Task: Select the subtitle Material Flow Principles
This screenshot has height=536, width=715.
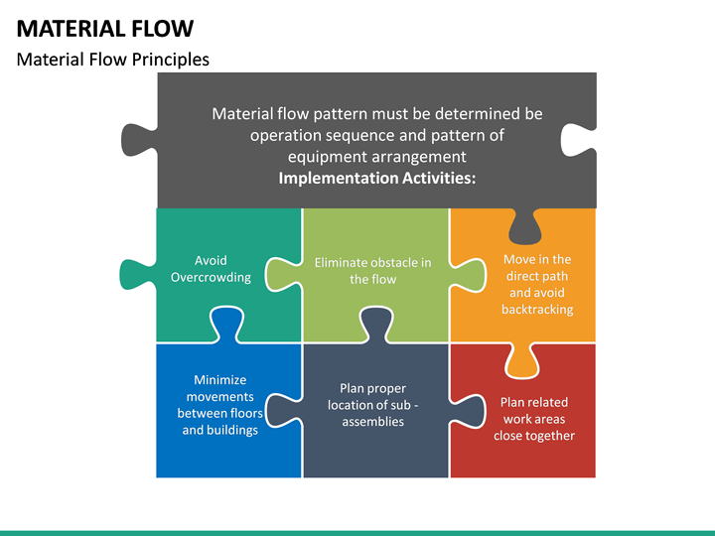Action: (x=113, y=60)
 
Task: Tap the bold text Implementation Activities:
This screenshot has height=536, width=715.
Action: (x=376, y=179)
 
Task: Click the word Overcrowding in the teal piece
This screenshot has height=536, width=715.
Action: (x=211, y=277)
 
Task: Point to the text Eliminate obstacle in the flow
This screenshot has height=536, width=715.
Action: (x=372, y=271)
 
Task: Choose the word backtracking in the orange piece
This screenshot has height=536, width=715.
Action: (x=536, y=310)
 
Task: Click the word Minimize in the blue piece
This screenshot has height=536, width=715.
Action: (x=219, y=380)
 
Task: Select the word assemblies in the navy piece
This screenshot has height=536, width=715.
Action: (x=372, y=421)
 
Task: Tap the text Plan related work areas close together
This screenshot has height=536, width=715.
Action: (x=534, y=419)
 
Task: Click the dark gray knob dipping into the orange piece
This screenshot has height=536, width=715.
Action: (x=522, y=228)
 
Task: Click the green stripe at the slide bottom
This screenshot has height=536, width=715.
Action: (x=357, y=532)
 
